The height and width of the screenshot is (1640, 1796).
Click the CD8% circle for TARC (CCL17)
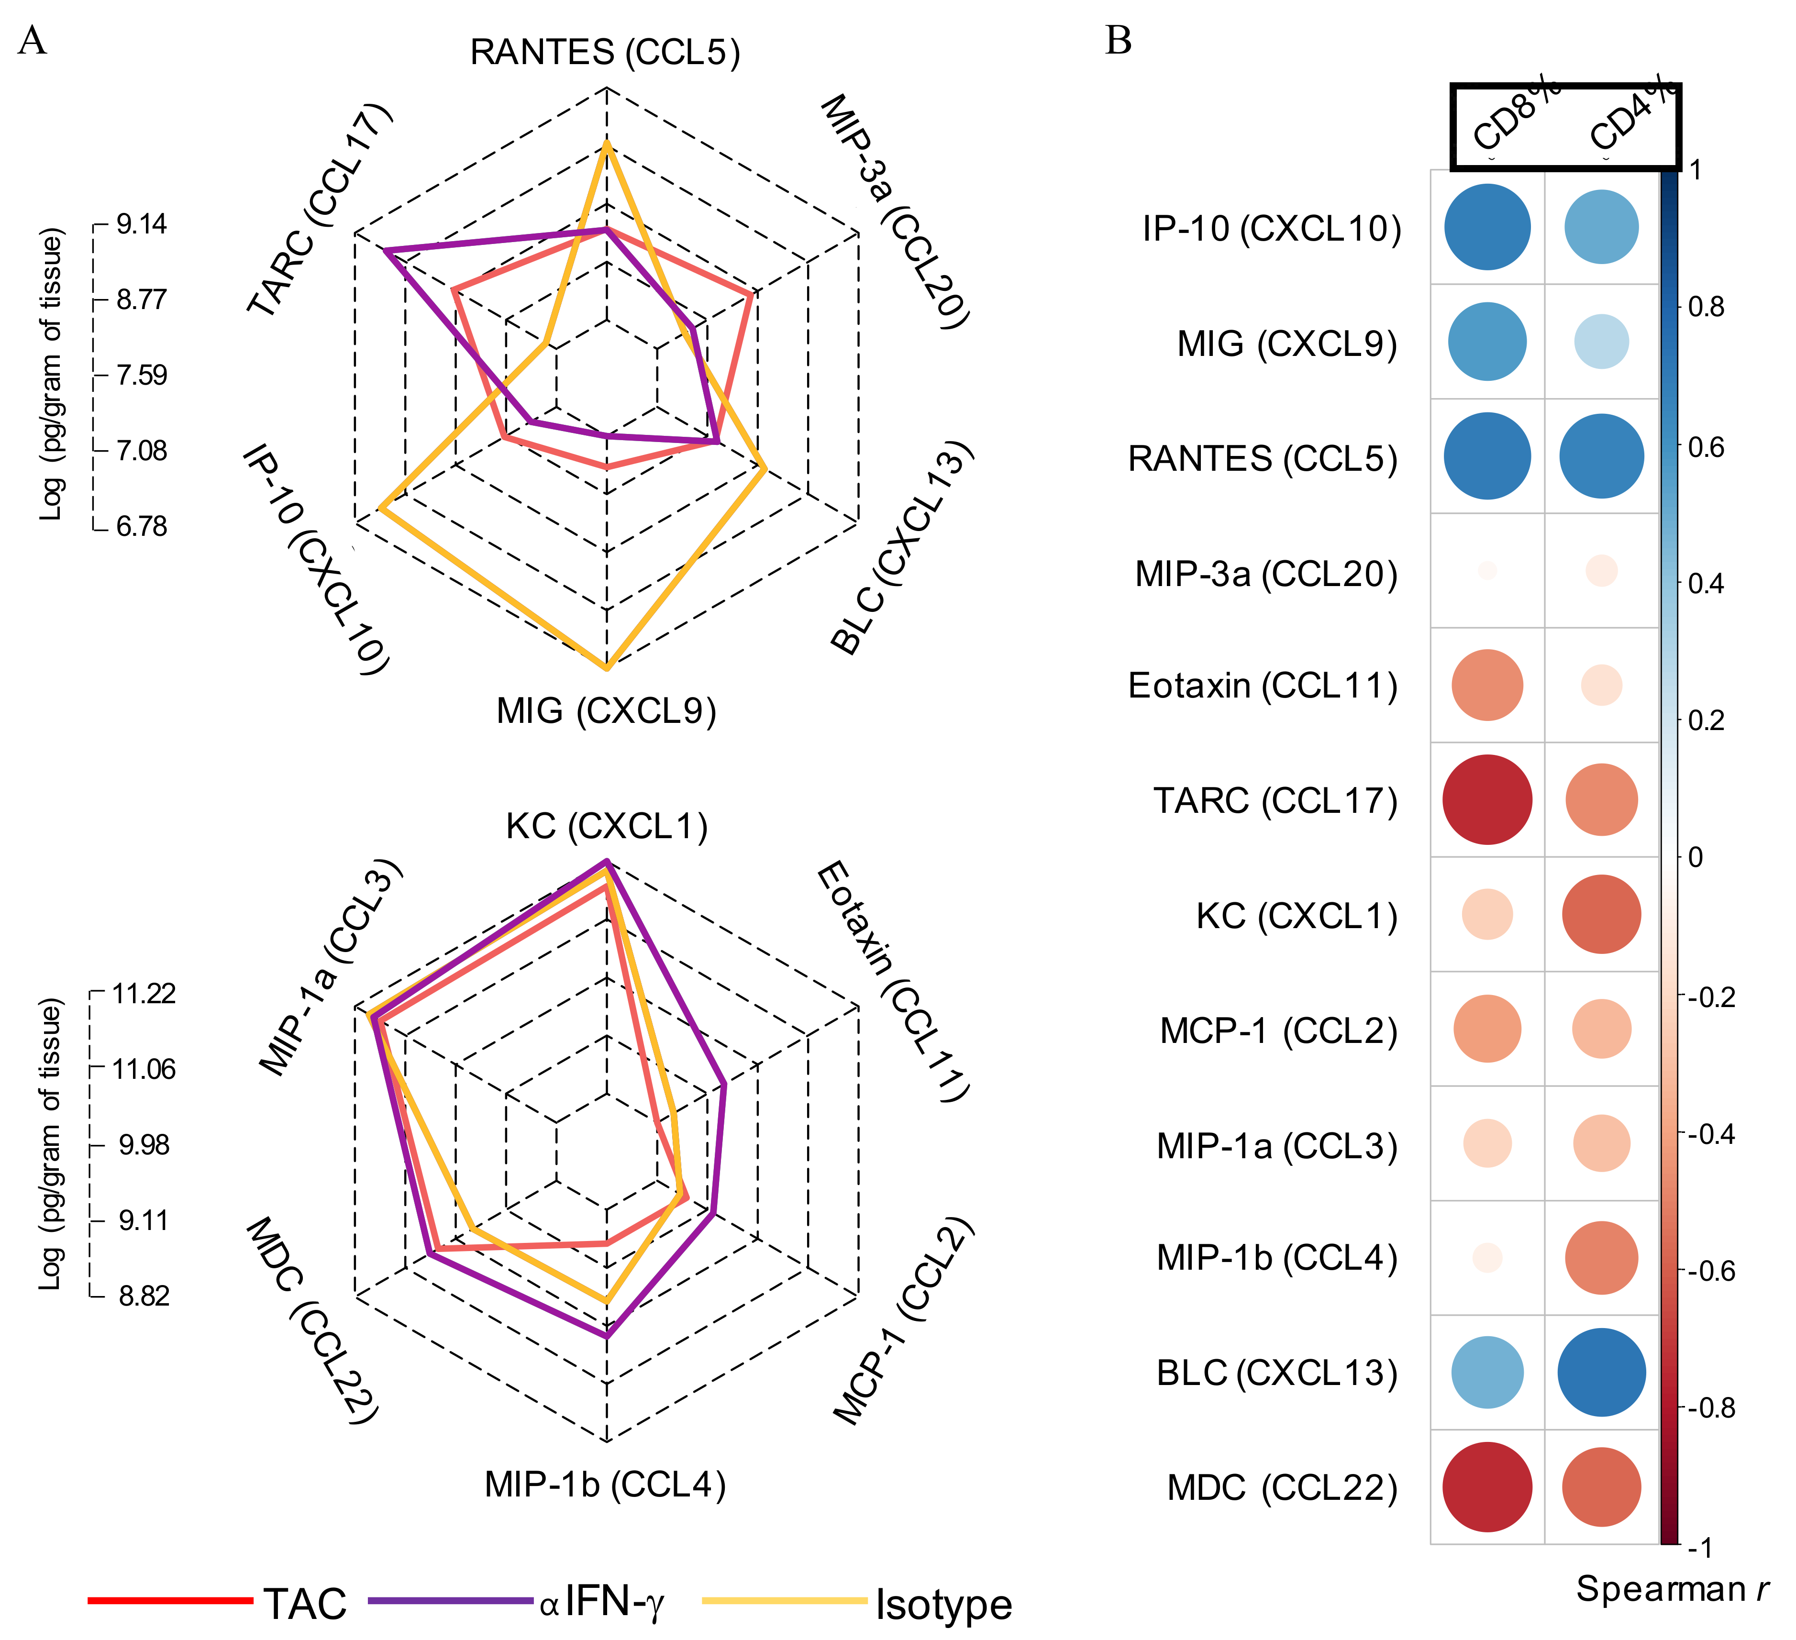coord(1487,800)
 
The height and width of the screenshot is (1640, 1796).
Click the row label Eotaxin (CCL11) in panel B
coord(1263,686)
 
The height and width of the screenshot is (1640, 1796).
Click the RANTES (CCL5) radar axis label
coord(605,53)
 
